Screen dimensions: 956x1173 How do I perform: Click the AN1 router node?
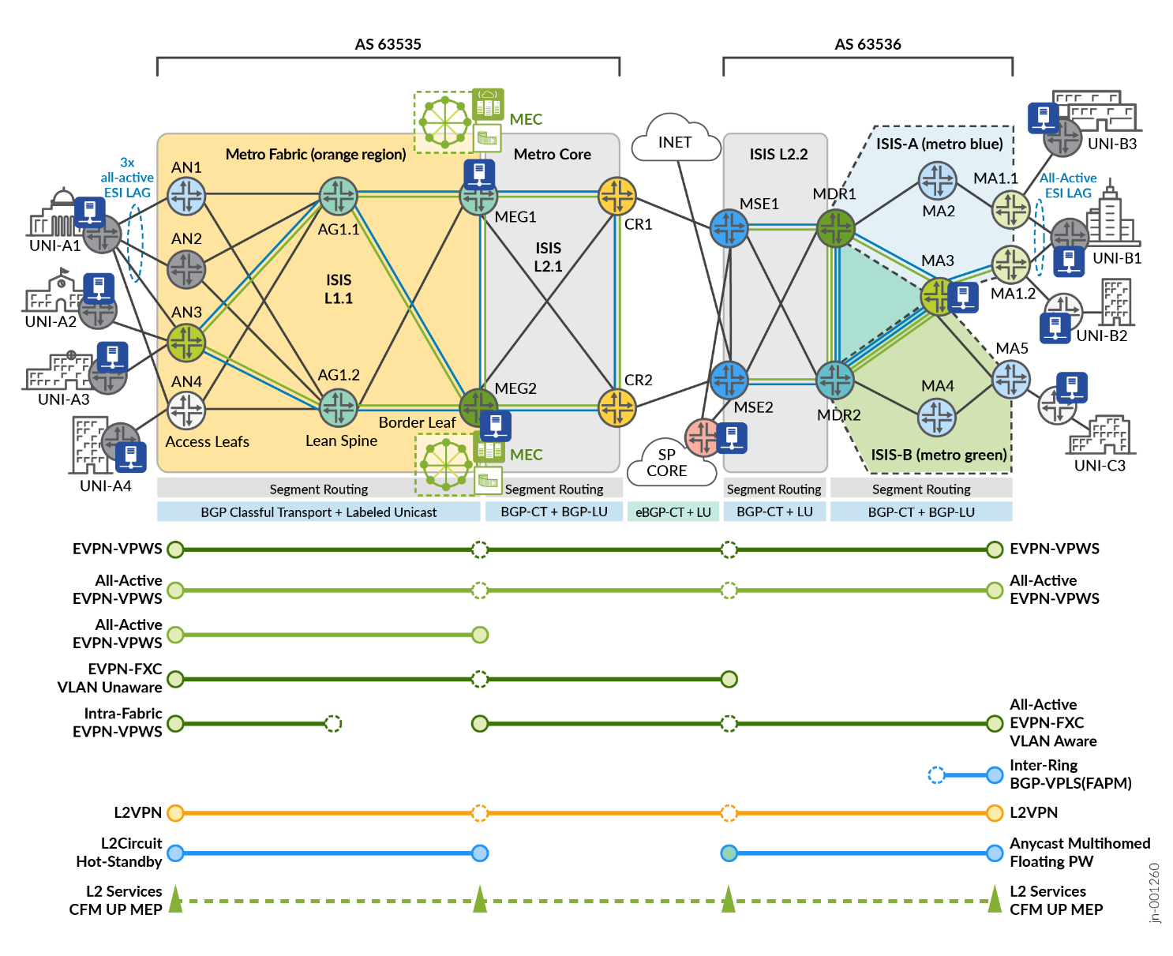pos(187,196)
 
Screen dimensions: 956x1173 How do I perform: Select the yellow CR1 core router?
pos(616,196)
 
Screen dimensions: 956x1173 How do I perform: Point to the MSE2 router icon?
pos(729,380)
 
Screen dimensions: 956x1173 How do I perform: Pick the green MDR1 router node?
pos(835,228)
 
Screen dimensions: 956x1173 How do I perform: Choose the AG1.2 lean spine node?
pos(339,407)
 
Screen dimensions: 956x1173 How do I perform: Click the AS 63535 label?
pos(388,44)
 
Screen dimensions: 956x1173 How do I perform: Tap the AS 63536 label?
pos(868,44)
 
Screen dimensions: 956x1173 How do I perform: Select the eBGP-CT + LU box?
pos(673,512)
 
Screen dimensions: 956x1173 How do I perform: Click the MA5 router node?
pos(1011,379)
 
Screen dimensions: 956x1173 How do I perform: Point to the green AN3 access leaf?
pos(186,343)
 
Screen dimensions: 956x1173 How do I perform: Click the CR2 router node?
pos(616,407)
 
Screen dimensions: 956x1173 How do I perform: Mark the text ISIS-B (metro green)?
pos(939,455)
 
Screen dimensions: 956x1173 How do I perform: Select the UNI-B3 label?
pos(1111,144)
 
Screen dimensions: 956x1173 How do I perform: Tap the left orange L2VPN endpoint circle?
pos(175,812)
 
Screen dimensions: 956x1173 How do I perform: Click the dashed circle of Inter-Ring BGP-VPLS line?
pos(936,774)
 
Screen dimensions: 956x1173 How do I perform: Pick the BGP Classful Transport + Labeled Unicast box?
pos(318,512)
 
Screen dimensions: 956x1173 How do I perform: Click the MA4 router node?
pos(937,417)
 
